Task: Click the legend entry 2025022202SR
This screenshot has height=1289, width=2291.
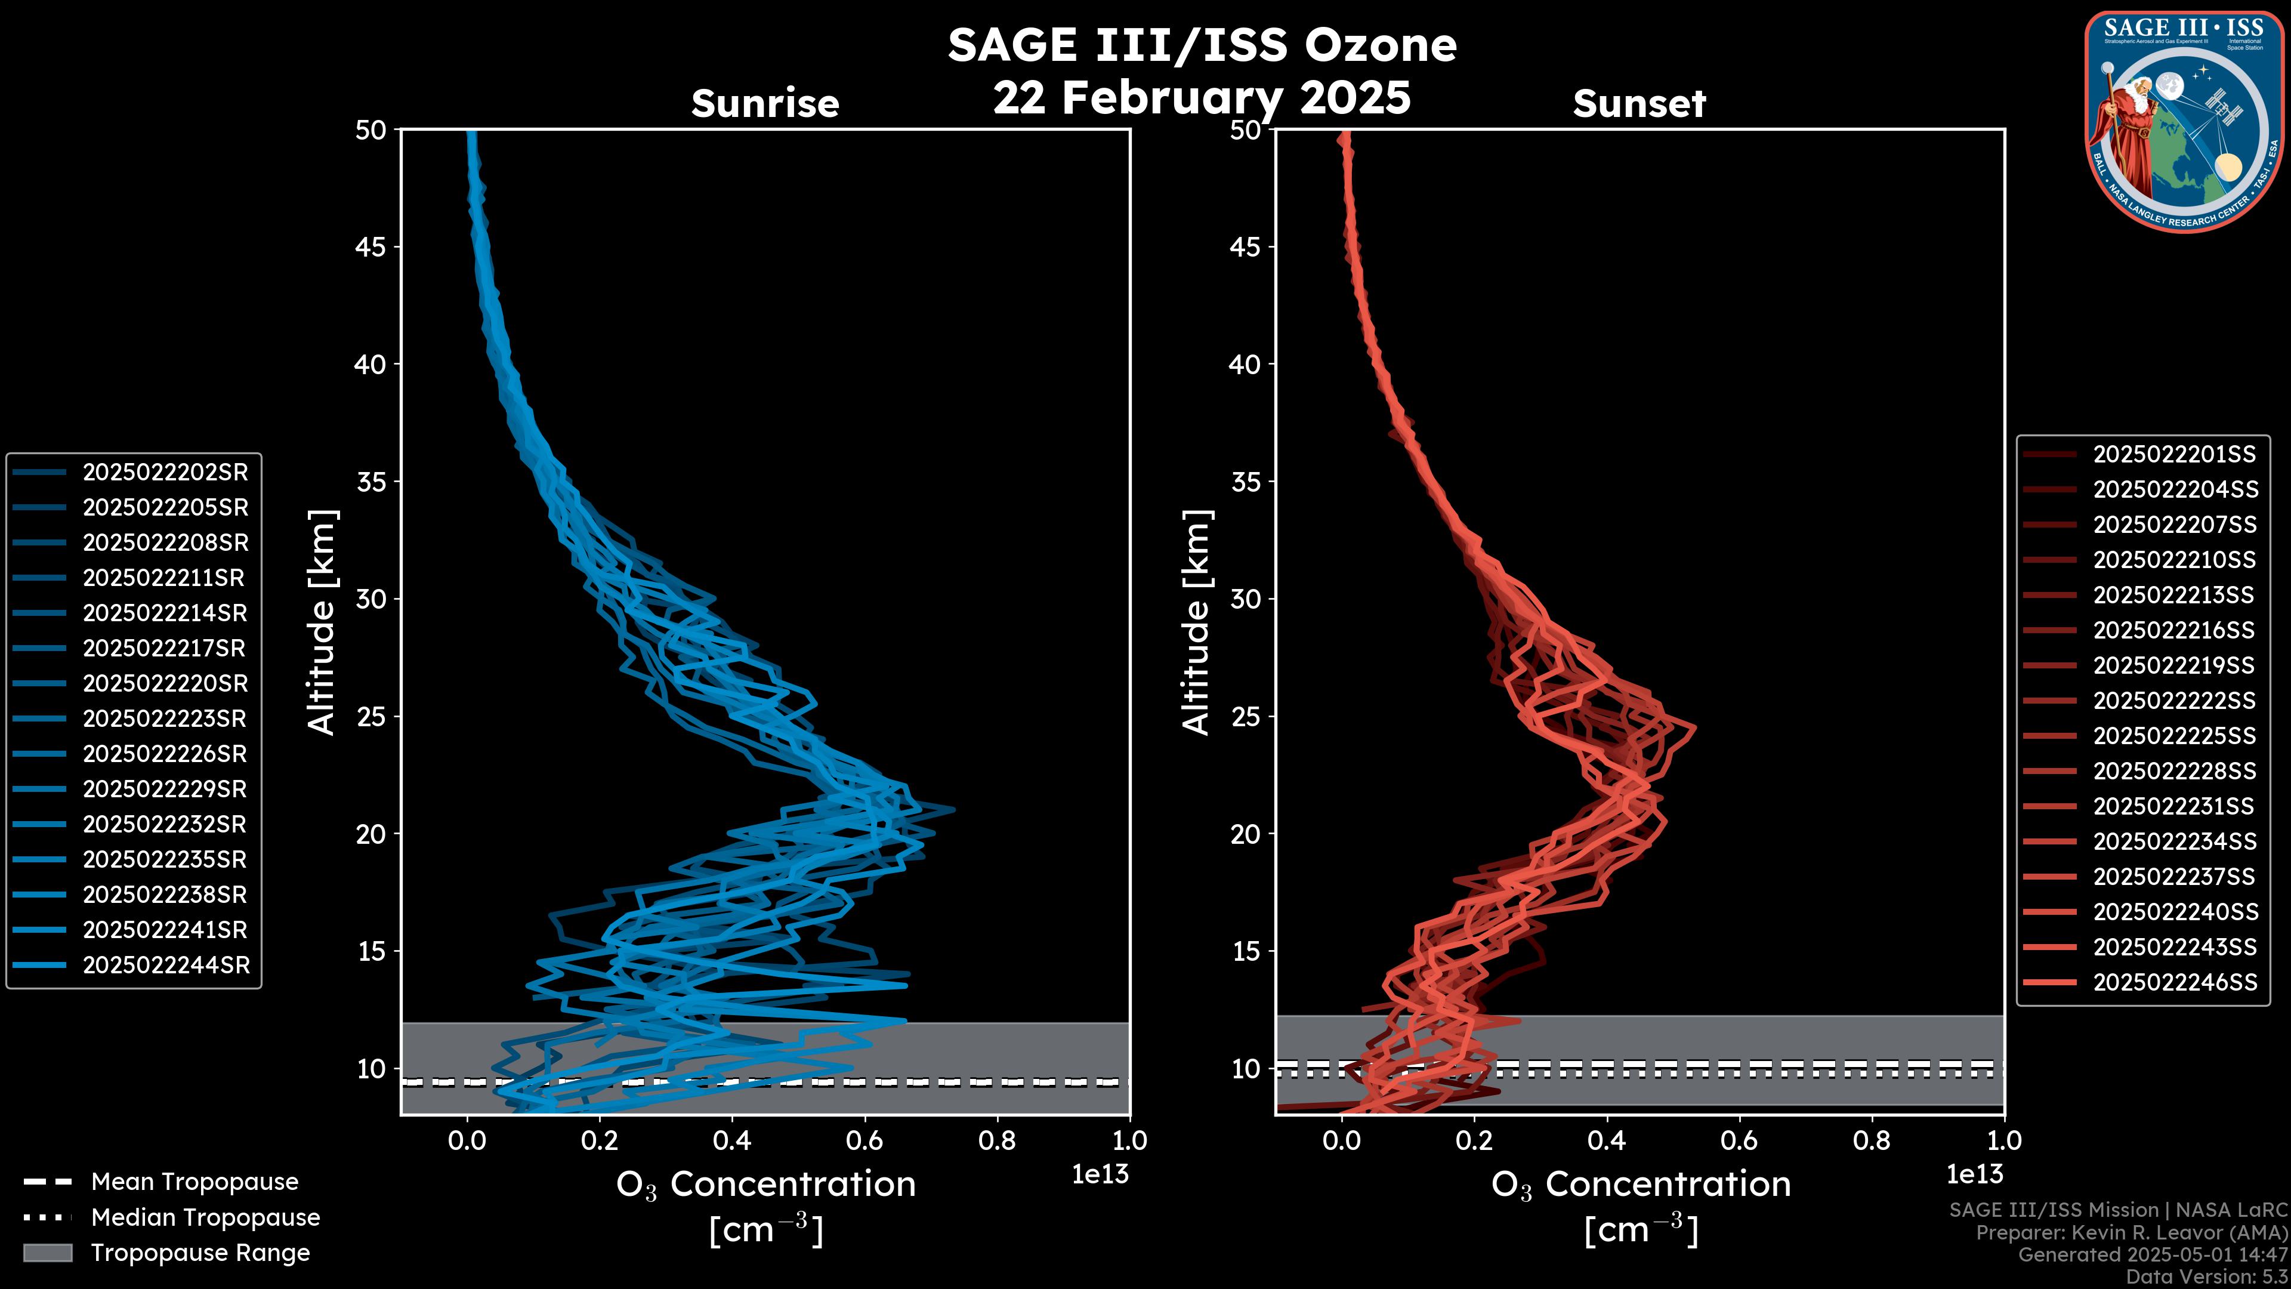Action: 165,473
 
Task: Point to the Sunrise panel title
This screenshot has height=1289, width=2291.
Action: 765,104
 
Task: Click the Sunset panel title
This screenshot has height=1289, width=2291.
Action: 1639,104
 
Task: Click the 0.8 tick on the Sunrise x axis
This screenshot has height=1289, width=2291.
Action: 997,1140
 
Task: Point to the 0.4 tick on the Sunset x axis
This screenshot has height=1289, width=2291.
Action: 1606,1140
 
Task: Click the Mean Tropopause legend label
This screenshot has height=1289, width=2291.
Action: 194,1182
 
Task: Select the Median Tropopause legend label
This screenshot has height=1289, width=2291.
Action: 205,1218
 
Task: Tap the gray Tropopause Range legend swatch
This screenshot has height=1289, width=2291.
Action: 47,1253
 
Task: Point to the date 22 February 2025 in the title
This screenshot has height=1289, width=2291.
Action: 1202,98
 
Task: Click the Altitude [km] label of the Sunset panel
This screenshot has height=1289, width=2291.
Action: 1197,622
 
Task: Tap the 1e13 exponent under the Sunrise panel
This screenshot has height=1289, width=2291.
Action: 1099,1175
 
